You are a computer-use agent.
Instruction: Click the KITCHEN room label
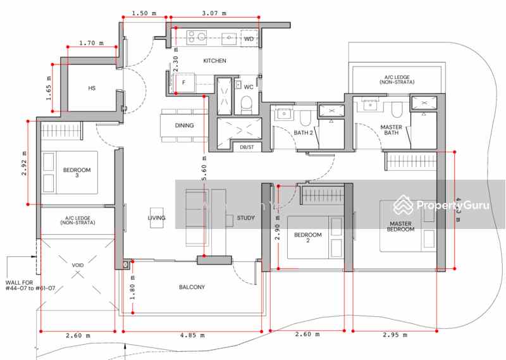pyautogui.click(x=214, y=61)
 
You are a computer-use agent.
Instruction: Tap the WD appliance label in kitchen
pyautogui.click(x=249, y=39)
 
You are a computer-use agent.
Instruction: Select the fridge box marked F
pyautogui.click(x=184, y=82)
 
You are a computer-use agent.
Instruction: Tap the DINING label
pyautogui.click(x=185, y=125)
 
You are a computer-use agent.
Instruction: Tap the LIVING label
pyautogui.click(x=156, y=218)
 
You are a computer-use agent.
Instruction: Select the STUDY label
pyautogui.click(x=245, y=218)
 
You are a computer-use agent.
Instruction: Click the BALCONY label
pyautogui.click(x=192, y=287)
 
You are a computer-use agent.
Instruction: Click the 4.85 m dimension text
pyautogui.click(x=192, y=335)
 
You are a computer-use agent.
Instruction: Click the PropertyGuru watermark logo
pyautogui.click(x=441, y=206)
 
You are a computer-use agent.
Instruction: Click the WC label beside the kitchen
pyautogui.click(x=249, y=87)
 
